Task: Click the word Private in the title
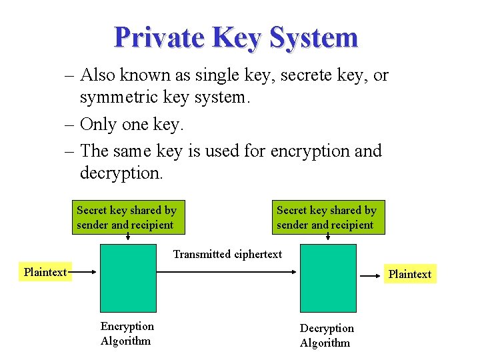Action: click(x=159, y=38)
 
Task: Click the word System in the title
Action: click(x=314, y=38)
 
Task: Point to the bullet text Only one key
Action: click(x=131, y=124)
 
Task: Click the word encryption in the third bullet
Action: click(x=310, y=151)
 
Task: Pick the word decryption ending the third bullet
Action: click(x=121, y=173)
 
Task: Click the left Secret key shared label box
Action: click(x=127, y=217)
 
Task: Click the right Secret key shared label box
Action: click(x=327, y=217)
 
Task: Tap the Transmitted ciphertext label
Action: click(x=227, y=254)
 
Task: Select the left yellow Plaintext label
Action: click(x=45, y=272)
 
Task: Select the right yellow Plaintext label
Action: click(x=409, y=274)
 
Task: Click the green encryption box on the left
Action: click(x=128, y=277)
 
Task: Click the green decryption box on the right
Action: click(x=327, y=277)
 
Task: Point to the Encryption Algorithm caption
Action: click(x=127, y=333)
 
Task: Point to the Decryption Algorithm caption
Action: click(x=326, y=335)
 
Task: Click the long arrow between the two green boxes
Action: click(x=227, y=272)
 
